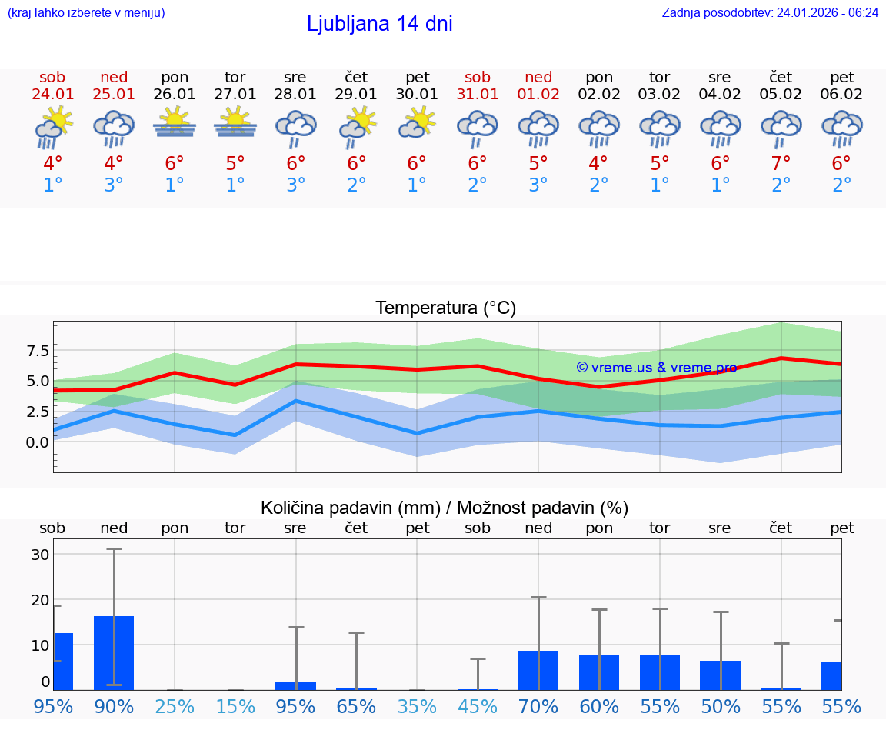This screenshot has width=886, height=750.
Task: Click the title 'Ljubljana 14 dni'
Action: (379, 24)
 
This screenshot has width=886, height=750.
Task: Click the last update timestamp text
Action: (770, 12)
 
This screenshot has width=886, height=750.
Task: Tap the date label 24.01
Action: (52, 95)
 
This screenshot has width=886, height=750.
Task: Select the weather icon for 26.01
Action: (175, 123)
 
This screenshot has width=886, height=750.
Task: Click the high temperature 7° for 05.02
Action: (781, 164)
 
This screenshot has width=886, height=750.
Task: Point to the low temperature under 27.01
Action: (235, 185)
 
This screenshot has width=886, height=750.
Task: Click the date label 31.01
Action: (478, 95)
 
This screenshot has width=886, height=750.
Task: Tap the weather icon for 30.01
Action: (417, 123)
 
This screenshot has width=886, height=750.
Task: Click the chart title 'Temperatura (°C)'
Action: (445, 308)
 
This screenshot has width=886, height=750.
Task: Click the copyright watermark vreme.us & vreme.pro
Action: (656, 368)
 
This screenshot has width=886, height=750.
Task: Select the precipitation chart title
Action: (445, 508)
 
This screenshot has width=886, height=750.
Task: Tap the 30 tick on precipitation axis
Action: (41, 555)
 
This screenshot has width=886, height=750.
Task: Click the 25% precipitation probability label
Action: (175, 706)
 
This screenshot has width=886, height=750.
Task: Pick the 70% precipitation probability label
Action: (538, 706)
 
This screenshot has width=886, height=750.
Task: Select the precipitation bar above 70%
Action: (538, 670)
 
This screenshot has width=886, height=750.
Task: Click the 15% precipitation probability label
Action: (235, 706)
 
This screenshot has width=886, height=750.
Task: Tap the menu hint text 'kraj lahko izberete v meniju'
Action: (85, 12)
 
